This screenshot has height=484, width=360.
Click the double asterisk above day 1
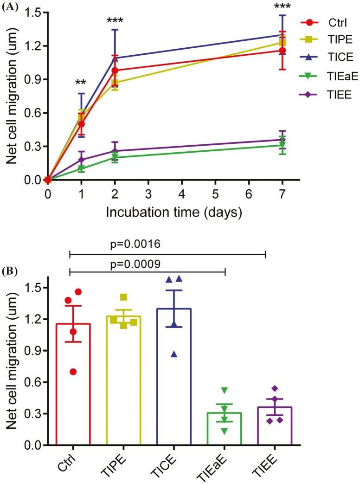tap(81, 84)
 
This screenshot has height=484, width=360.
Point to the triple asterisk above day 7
tap(282, 6)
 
